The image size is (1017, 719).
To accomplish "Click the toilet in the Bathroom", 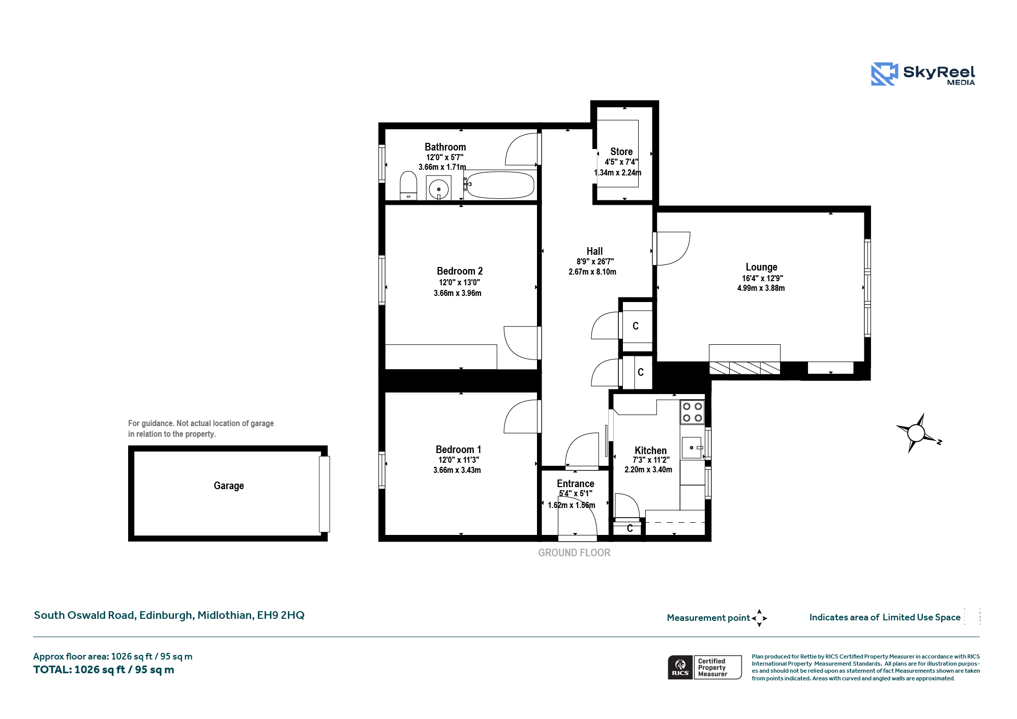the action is click(x=408, y=186).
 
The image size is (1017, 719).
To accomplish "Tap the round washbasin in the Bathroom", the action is click(x=438, y=189).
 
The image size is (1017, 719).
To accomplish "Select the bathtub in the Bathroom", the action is click(x=500, y=185).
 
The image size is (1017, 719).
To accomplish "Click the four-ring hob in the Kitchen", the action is click(x=692, y=412).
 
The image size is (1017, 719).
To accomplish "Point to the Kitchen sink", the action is click(x=692, y=447).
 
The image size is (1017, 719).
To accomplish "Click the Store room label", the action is click(x=621, y=152).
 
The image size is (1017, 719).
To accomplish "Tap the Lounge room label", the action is click(x=761, y=267).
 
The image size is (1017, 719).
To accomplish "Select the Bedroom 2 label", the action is click(x=460, y=271).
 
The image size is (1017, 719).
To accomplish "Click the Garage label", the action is click(x=229, y=486).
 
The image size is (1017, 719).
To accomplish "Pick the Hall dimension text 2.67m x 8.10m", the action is click(x=592, y=272).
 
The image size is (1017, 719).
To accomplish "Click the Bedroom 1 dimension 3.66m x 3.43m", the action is click(x=457, y=470).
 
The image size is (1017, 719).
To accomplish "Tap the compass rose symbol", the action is click(x=917, y=433).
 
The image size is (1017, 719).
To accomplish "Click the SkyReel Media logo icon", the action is click(x=884, y=74).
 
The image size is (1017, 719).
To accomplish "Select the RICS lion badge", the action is click(x=680, y=667).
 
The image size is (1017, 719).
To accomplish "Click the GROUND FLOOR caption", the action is click(x=574, y=553).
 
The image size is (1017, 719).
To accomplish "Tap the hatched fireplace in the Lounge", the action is click(x=744, y=368).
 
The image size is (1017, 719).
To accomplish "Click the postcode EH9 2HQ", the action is click(x=281, y=615).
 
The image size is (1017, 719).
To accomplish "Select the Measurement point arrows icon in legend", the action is click(x=759, y=618).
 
